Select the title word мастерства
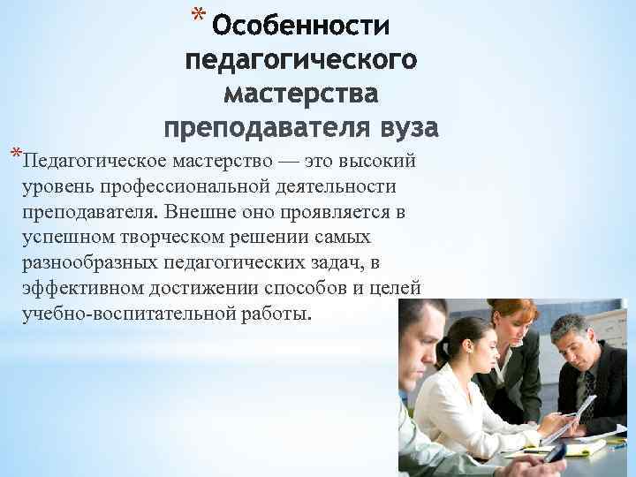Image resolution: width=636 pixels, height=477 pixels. click(x=300, y=94)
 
